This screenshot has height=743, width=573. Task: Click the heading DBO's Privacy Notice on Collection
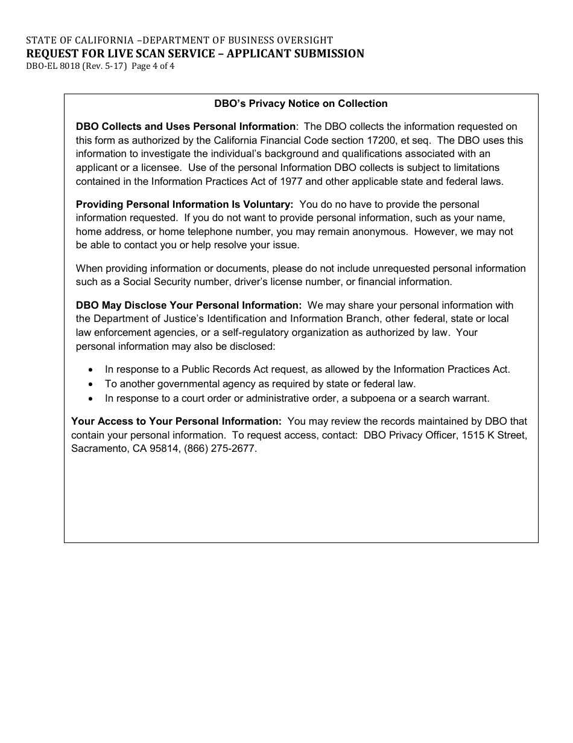[x=301, y=103]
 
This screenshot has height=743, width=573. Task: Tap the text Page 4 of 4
[x=153, y=66]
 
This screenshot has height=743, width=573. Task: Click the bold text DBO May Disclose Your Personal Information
[x=189, y=305]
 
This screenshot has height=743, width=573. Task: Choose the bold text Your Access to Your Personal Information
[x=176, y=421]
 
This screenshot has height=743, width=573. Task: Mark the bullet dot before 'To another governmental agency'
[x=90, y=384]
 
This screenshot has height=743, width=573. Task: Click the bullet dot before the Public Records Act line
[x=90, y=370]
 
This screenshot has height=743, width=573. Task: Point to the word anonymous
[x=384, y=231]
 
